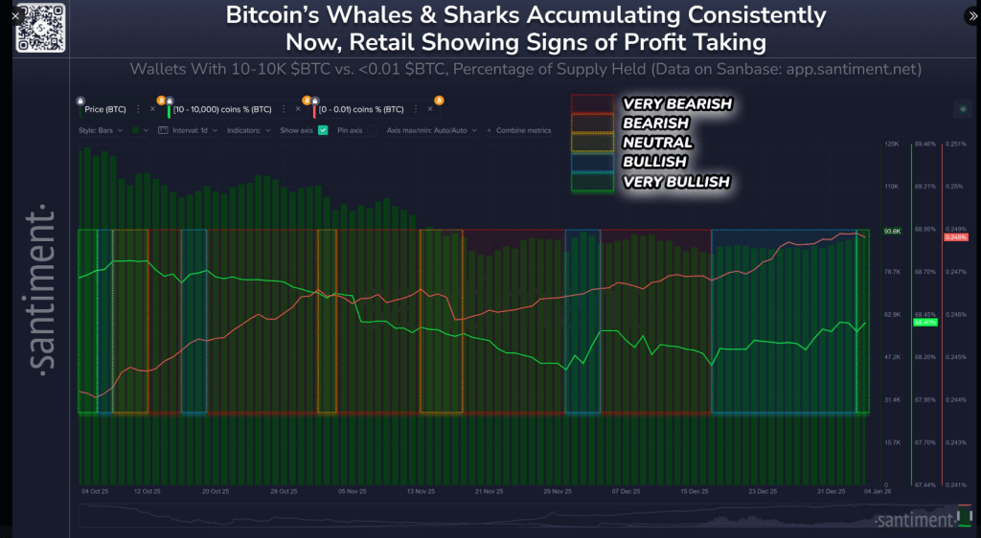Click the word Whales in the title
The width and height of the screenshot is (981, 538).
coord(353,16)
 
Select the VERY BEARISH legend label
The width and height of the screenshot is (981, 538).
coord(677,103)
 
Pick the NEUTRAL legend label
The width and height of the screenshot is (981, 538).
coord(657,143)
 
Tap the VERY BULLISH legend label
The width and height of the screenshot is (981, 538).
coord(676,181)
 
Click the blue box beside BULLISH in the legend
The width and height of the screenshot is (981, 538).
coord(592,162)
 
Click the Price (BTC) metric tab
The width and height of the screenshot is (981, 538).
coord(105,110)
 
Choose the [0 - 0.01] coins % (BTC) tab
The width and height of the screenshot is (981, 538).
coord(361,110)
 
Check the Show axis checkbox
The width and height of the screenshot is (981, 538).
coord(323,130)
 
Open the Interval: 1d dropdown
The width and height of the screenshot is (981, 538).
coord(194,130)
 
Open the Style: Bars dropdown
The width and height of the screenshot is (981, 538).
coord(102,130)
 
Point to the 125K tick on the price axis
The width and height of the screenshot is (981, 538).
coord(891,144)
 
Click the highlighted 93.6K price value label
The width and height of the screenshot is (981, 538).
coord(892,231)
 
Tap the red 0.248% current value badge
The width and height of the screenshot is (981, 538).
coord(955,236)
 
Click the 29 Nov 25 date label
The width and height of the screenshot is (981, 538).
coord(557,491)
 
